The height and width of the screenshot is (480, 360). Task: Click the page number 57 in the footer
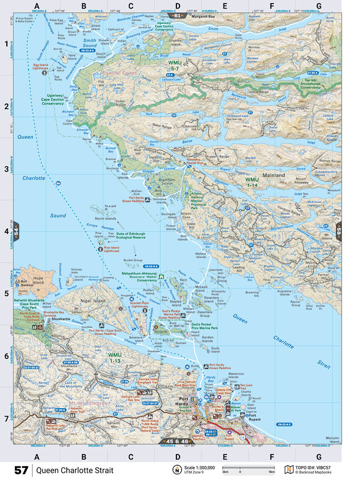(x=21, y=470)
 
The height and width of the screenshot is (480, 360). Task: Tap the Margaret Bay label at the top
(x=202, y=15)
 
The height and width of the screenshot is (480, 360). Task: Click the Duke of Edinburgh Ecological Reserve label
(x=137, y=235)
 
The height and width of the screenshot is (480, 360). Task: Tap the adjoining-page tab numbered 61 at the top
(x=177, y=15)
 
